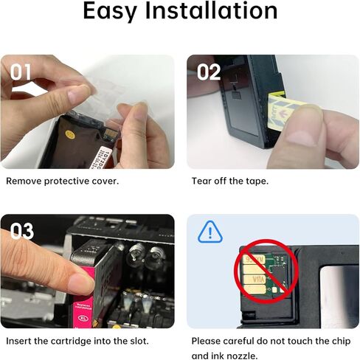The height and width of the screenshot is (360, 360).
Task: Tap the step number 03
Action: (21, 231)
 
